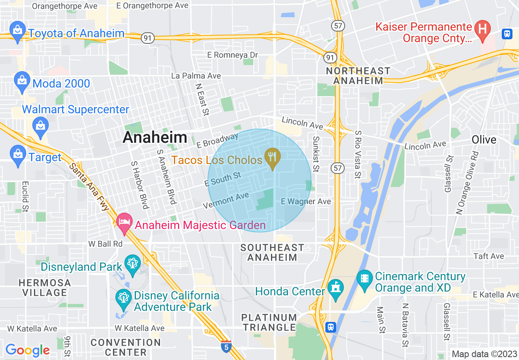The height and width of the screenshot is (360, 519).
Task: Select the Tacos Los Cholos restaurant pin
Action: (x=272, y=158)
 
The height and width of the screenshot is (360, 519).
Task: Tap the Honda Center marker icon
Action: (x=336, y=289)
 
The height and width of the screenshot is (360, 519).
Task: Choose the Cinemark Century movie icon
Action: (x=365, y=281)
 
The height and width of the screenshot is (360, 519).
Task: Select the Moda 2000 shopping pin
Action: (x=21, y=82)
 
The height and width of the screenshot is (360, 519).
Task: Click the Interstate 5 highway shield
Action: (x=225, y=346)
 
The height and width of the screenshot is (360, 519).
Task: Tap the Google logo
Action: (x=27, y=350)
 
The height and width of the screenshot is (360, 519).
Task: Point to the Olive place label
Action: (x=484, y=139)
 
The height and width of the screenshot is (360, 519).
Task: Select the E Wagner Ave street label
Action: (x=306, y=201)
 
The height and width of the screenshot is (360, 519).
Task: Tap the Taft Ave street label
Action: (x=489, y=256)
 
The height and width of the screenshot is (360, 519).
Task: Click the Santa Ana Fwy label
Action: (x=89, y=187)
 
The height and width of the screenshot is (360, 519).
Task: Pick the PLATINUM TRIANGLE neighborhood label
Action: (x=269, y=322)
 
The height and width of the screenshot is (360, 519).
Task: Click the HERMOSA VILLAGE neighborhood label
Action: (x=45, y=288)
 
